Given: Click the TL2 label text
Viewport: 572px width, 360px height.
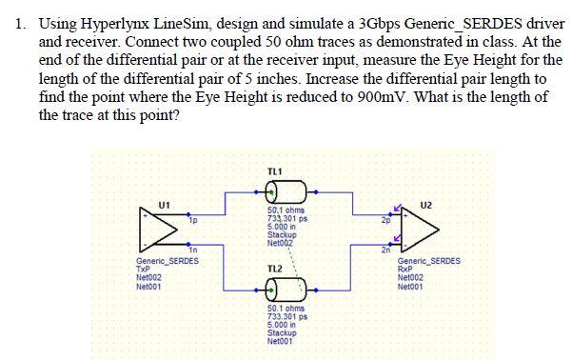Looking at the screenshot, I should (276, 268).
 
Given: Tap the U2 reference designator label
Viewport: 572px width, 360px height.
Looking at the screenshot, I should (424, 204).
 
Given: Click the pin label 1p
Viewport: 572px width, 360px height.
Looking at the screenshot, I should (193, 222).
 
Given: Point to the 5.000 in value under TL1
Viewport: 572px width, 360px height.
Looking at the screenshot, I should (283, 227).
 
